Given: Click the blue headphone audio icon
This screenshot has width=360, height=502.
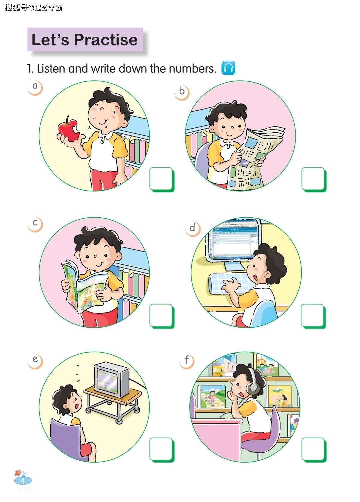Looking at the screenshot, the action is pos(228,68).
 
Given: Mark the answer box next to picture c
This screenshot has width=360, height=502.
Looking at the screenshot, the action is pos(161,316).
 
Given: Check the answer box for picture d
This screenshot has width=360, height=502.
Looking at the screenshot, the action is pos(313,316).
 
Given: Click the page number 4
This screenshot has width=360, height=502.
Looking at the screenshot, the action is pos(23,480).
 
